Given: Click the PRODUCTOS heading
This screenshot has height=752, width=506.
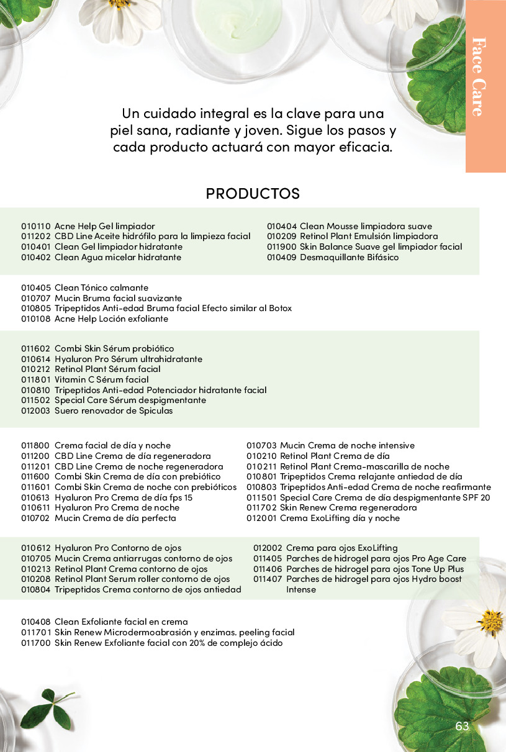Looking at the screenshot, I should pyautogui.click(x=253, y=193).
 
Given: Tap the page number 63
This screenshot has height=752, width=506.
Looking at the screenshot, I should pyautogui.click(x=462, y=727).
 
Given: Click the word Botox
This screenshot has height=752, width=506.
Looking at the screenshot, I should pyautogui.click(x=279, y=308).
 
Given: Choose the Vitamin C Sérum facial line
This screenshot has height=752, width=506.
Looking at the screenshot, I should pyautogui.click(x=101, y=379).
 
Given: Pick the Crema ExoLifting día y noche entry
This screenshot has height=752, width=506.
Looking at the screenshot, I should pyautogui.click(x=340, y=518).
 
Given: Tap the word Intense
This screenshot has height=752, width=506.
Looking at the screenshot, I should pyautogui.click(x=301, y=589).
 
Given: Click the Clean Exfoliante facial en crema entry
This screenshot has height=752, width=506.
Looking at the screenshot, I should pyautogui.click(x=121, y=622).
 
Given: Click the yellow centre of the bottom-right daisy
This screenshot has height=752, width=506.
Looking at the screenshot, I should pyautogui.click(x=490, y=620).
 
